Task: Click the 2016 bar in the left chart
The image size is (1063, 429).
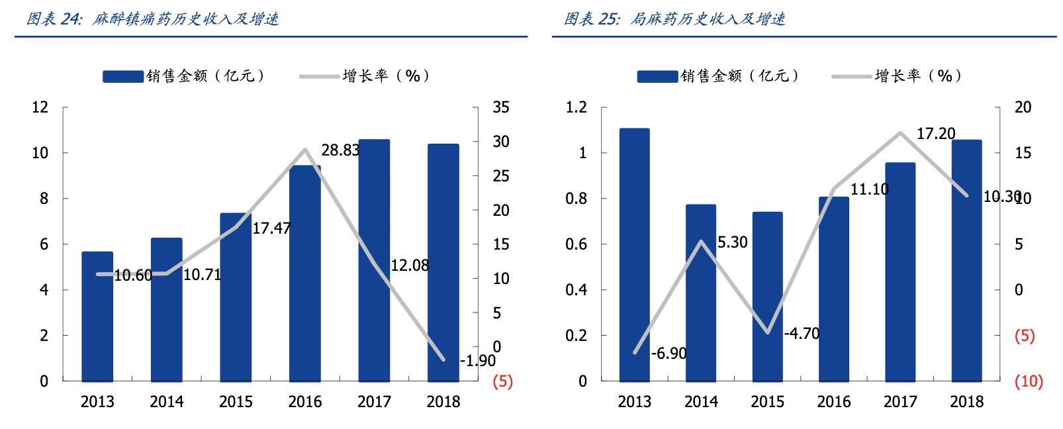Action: point(304,273)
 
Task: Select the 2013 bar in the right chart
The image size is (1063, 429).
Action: point(634,255)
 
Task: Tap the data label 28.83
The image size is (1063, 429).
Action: point(340,150)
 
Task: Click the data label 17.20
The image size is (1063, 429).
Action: point(936,134)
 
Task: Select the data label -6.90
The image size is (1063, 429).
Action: point(669,354)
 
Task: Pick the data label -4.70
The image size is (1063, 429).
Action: point(802,334)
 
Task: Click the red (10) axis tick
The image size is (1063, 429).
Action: point(1028,382)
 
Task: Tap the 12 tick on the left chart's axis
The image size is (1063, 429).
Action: point(41,107)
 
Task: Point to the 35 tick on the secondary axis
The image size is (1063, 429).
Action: point(501,107)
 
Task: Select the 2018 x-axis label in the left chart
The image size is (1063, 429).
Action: point(443,402)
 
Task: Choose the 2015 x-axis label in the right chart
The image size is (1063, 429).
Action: point(767,402)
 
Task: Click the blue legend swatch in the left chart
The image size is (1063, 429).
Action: point(122,77)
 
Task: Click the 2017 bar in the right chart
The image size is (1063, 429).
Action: point(900,272)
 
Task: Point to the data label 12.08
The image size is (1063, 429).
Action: point(410,266)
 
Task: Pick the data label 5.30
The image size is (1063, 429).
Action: point(732,243)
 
